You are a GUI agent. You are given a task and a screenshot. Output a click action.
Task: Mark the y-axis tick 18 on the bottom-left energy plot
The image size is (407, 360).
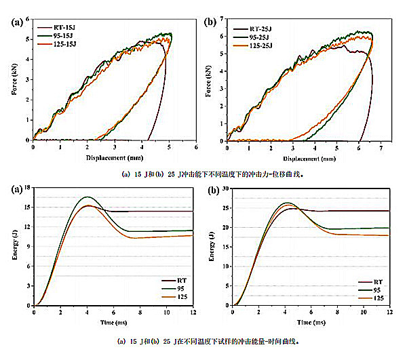pyautogui.click(x=28, y=187)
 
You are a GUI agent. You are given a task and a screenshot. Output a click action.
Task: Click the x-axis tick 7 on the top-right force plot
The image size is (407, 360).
pyautogui.click(x=381, y=147)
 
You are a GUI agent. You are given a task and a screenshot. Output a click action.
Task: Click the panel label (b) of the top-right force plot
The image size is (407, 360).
pyautogui.click(x=213, y=22)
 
